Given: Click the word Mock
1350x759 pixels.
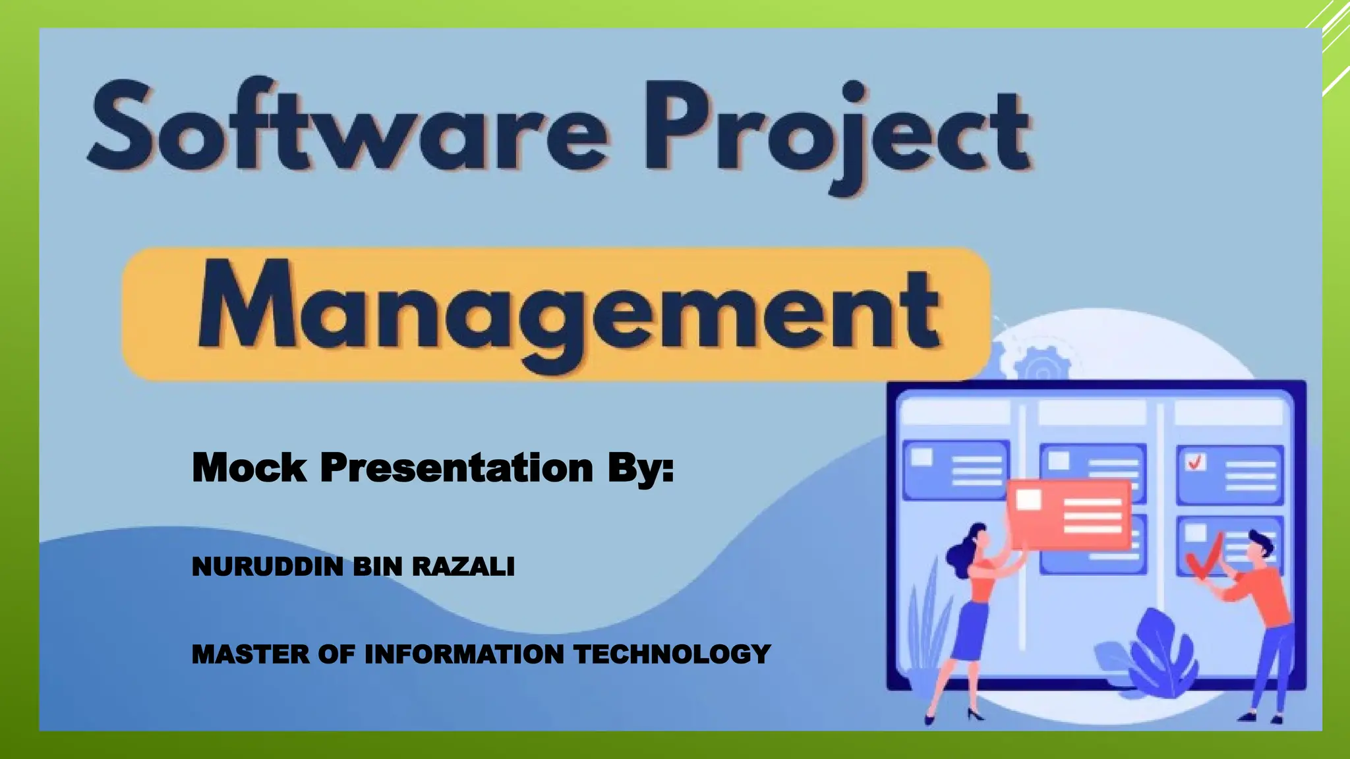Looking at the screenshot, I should click(x=249, y=468).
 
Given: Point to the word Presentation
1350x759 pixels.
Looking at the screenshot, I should click(x=456, y=468).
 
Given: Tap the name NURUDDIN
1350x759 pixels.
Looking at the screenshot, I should click(x=267, y=567).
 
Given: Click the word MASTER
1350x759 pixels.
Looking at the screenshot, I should click(x=250, y=654).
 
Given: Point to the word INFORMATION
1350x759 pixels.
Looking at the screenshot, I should click(x=464, y=654).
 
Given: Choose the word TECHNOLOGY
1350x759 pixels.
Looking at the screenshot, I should click(x=672, y=654).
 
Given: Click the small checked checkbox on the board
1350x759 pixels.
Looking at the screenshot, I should click(x=1195, y=463).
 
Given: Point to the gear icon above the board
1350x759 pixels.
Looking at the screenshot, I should click(x=1042, y=366).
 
